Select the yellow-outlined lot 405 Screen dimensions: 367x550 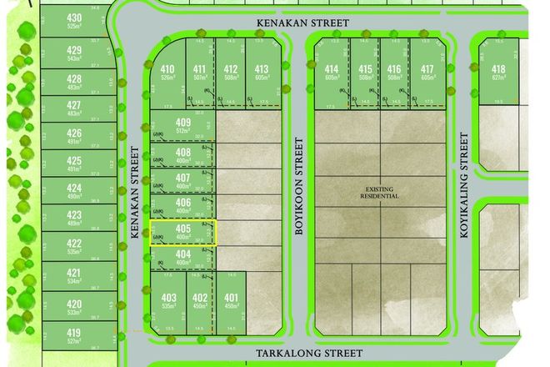tap(183, 233)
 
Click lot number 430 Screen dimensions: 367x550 tap(74, 18)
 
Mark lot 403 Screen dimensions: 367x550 tap(169, 298)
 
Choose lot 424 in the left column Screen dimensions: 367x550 tap(74, 189)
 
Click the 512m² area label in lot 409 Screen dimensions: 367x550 tap(184, 131)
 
